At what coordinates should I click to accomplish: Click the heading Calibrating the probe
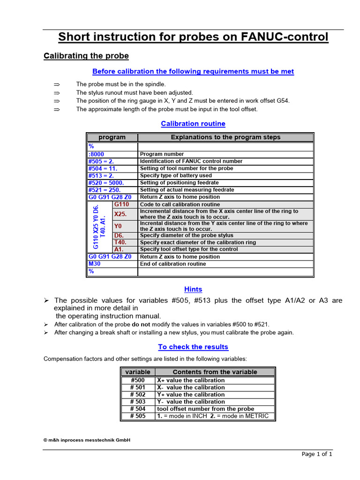(x=86, y=56)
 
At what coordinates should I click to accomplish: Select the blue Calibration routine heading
(x=193, y=124)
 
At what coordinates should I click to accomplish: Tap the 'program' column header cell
(x=112, y=137)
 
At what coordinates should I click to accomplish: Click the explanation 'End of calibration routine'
(x=173, y=264)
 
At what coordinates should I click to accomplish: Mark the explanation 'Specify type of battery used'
(x=176, y=176)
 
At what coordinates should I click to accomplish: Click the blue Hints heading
(x=193, y=290)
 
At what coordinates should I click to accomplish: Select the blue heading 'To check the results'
(x=193, y=347)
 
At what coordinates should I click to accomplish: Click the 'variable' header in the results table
(x=138, y=372)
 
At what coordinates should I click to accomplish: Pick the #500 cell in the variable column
(x=138, y=380)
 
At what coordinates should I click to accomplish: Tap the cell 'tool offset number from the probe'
(x=206, y=409)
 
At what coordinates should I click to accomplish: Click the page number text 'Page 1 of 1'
(x=317, y=454)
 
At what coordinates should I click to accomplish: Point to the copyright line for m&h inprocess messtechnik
(x=87, y=440)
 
